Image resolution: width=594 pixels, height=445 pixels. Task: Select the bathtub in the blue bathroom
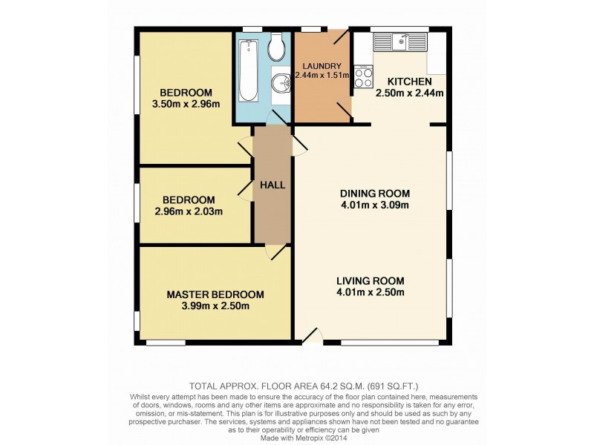click(x=247, y=71)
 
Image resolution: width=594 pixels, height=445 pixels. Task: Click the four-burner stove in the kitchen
click(x=364, y=78)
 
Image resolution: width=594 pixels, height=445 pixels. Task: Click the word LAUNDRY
click(x=317, y=65)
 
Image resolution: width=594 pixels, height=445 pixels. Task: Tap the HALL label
click(x=272, y=185)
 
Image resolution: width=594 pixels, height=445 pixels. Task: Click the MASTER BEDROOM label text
click(x=215, y=294)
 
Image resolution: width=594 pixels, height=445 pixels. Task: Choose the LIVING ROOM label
click(x=370, y=280)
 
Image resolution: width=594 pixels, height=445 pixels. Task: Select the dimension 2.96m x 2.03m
click(x=189, y=211)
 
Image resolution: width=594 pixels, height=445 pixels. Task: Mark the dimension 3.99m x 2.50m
click(x=215, y=306)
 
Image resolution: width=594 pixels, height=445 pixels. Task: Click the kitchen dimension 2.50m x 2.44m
click(x=410, y=93)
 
